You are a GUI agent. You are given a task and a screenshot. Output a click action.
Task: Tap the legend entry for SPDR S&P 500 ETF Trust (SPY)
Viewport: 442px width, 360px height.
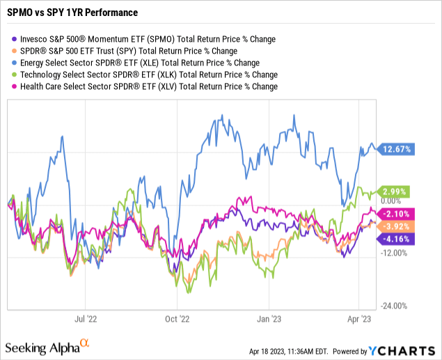(127, 51)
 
